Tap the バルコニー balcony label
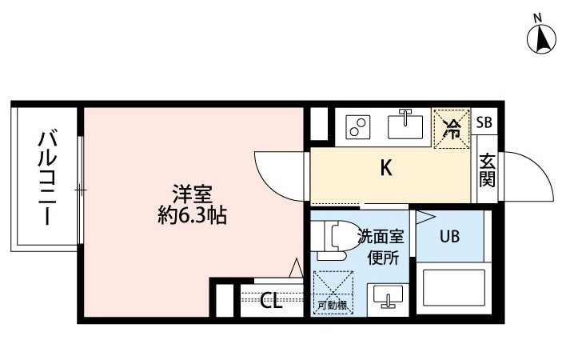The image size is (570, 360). (x=48, y=178)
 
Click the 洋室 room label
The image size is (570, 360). (x=193, y=194)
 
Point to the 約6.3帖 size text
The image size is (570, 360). (x=193, y=215)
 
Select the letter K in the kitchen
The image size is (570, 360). (x=386, y=168)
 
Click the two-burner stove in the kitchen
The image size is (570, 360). (x=358, y=126)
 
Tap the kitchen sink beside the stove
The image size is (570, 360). (x=405, y=125)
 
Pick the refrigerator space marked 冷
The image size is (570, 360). (x=452, y=129)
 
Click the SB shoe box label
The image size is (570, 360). (x=484, y=122)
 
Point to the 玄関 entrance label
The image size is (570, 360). (x=487, y=170)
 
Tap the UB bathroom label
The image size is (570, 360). (x=449, y=237)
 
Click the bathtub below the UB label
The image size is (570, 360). (x=453, y=288)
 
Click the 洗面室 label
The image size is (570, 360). (x=381, y=237)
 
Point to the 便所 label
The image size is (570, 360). (x=383, y=258)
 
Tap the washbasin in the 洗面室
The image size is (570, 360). (x=389, y=297)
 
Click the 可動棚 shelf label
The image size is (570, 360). (x=332, y=306)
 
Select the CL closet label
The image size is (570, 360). (x=272, y=302)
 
